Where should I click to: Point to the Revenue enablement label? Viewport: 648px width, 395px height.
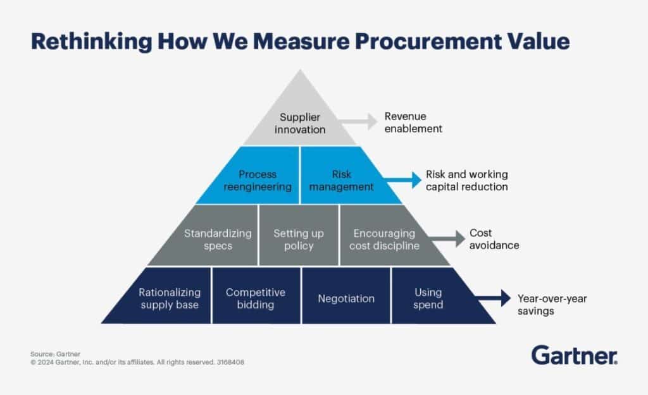coord(413,122)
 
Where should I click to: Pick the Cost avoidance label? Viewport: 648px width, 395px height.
coord(494,239)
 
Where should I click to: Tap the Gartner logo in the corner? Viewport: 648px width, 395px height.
coord(574,355)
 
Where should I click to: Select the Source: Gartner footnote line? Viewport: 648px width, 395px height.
coord(51,354)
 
